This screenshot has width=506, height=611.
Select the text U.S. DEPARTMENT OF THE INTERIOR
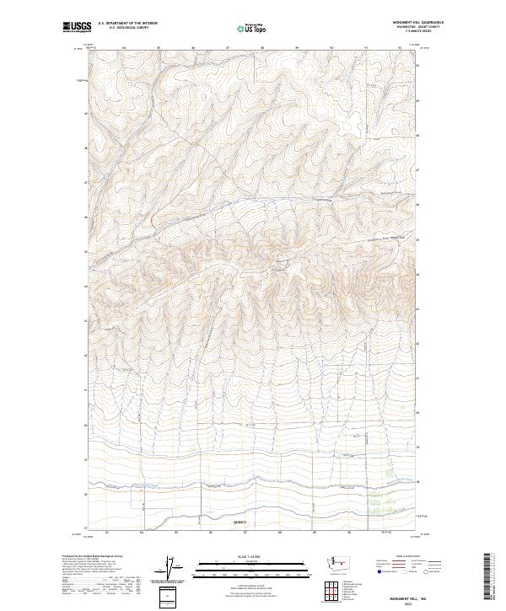pos(127,24)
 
